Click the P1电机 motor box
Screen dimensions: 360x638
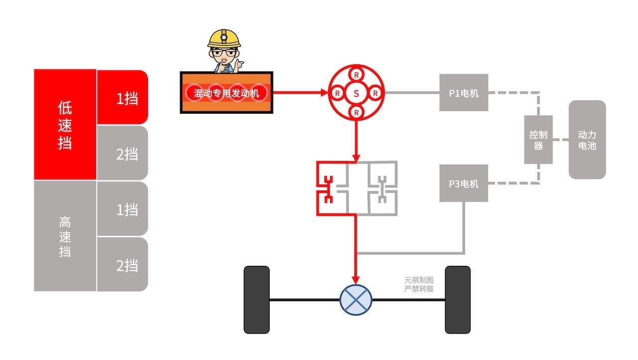464,93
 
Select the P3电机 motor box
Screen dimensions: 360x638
464,183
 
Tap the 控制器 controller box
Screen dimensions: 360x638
538,140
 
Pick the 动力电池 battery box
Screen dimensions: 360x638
587,140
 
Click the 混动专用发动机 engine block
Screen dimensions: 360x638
226,93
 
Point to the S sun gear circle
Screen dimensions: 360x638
356,93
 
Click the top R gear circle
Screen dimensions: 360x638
356,74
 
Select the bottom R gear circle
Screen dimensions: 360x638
356,112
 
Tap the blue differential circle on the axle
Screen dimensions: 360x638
356,300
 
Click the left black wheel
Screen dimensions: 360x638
257,300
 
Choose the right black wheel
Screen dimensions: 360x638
458,300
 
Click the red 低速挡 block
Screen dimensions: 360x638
65,125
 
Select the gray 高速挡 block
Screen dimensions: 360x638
65,236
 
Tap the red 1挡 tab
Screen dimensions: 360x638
123,98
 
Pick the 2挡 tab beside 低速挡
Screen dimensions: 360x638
123,154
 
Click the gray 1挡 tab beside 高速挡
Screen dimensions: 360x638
123,209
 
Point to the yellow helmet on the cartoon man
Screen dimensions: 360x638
224,38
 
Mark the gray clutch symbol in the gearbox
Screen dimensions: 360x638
382,189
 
